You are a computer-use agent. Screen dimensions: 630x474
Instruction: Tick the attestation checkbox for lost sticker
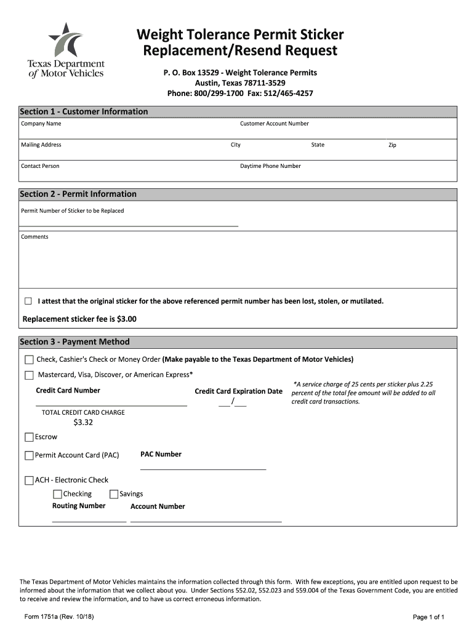pos(28,301)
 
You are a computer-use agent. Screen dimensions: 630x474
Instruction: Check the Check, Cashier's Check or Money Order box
pos(29,359)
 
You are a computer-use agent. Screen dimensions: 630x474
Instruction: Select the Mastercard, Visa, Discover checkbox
pos(29,375)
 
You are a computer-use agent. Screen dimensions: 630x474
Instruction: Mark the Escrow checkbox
pos(29,437)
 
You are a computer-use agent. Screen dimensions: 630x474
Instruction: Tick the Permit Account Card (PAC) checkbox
pos(29,456)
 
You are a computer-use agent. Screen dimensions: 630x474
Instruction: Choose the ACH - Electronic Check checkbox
pos(29,480)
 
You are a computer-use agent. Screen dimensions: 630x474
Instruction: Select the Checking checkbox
pos(57,494)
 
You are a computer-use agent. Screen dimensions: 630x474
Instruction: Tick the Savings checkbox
pos(114,494)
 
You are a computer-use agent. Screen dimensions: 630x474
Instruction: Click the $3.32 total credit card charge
pos(83,423)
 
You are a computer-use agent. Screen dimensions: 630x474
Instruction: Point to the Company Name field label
pos(41,124)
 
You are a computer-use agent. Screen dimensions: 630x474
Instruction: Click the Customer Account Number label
pos(274,124)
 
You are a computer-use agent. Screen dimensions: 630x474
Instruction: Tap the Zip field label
pos(392,145)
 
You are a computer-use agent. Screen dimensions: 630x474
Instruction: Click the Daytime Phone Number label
pos(270,166)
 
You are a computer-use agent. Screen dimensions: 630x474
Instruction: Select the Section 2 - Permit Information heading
pos(78,194)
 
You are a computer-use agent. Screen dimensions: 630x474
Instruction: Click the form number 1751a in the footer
pos(58,616)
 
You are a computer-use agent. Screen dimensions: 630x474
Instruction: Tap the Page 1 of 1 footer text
pos(428,616)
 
